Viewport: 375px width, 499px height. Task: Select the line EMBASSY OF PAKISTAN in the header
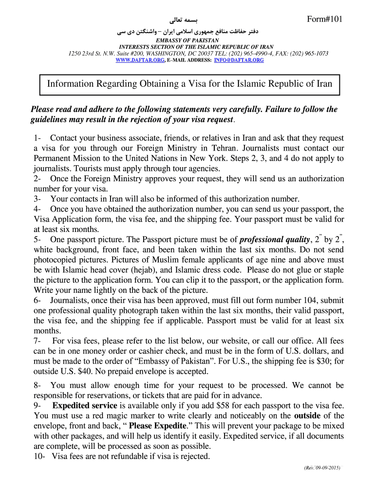(187, 40)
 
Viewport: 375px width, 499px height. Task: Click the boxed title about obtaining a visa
(189, 84)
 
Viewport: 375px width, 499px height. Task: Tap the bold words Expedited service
(85, 405)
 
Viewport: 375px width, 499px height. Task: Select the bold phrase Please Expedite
(157, 426)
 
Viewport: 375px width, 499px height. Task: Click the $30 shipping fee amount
(320, 361)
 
